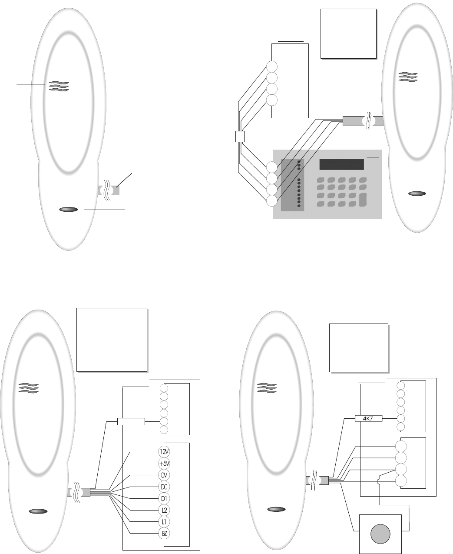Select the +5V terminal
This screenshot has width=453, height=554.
(x=164, y=463)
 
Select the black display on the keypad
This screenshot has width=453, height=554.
(x=341, y=164)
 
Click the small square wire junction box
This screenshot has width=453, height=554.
(x=240, y=137)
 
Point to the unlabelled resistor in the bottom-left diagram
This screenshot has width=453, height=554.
(x=131, y=421)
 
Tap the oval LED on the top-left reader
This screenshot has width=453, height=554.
(x=69, y=210)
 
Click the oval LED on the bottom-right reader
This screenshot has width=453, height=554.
(x=275, y=509)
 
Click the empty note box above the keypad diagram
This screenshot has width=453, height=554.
(x=347, y=33)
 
